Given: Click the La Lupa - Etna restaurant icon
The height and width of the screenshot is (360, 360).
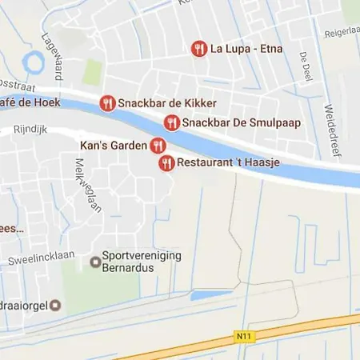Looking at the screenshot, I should pyautogui.click(x=199, y=49).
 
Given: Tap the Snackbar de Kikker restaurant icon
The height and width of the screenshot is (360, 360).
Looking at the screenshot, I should pyautogui.click(x=107, y=103).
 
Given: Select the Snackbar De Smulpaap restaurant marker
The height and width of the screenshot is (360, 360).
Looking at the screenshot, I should pyautogui.click(x=171, y=122).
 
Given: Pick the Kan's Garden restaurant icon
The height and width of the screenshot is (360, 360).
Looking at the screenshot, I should pyautogui.click(x=158, y=146).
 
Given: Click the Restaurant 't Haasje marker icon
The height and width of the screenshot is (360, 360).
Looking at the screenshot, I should pyautogui.click(x=166, y=163).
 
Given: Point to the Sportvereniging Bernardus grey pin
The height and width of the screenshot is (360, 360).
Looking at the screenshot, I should pyautogui.click(x=94, y=261).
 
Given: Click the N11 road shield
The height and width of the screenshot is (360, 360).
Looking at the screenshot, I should pyautogui.click(x=245, y=337).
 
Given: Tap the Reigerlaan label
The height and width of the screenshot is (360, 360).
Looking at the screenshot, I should pyautogui.click(x=342, y=32).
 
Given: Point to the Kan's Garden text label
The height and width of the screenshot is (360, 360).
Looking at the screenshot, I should pyautogui.click(x=114, y=146).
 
